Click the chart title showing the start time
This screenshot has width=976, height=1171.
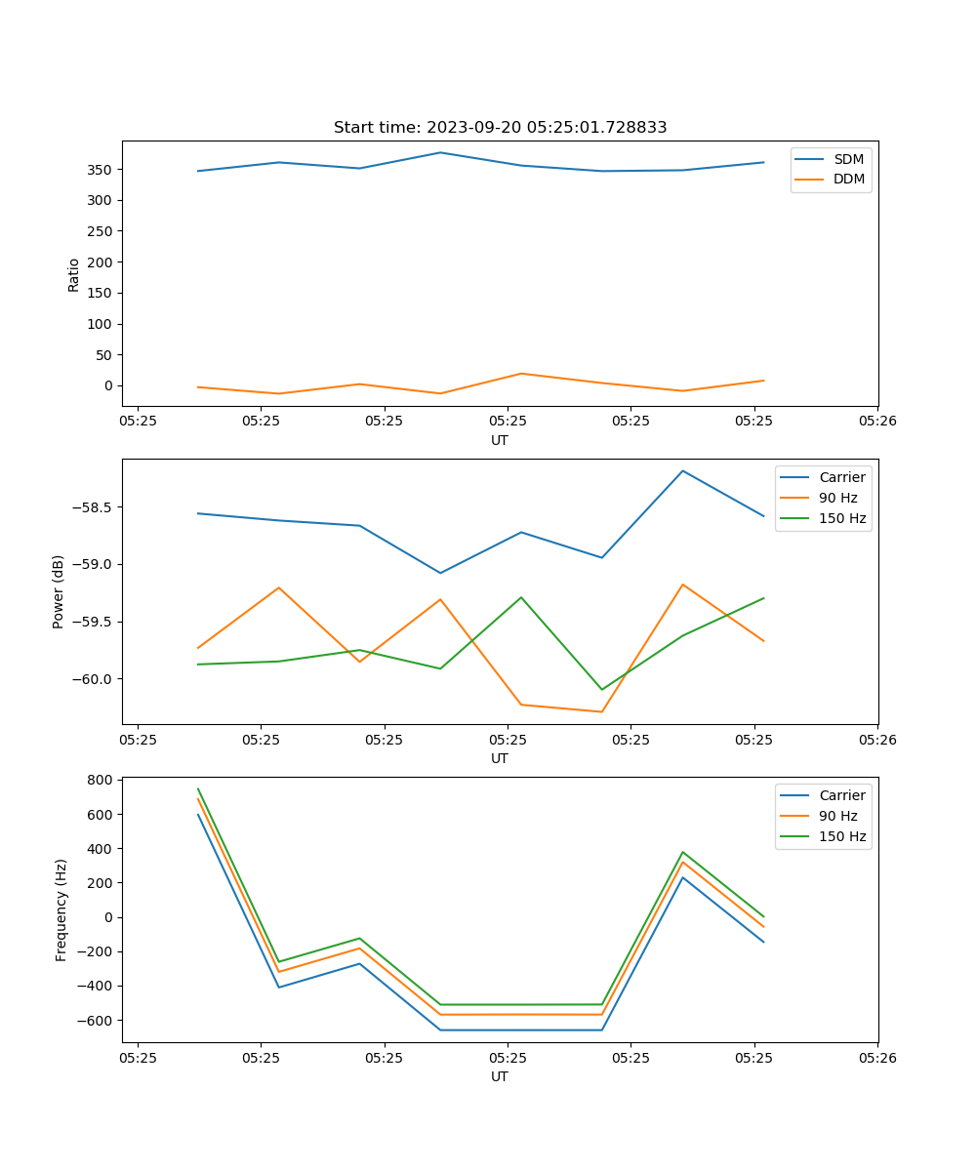[500, 128]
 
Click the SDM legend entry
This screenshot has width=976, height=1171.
[848, 159]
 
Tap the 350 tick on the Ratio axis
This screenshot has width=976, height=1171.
[101, 170]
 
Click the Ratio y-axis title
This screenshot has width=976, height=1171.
[74, 274]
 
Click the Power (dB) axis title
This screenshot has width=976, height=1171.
[59, 591]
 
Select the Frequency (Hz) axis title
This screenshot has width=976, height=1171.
[61, 909]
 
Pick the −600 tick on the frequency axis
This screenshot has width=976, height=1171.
[96, 1021]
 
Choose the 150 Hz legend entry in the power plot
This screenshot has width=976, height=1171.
[841, 518]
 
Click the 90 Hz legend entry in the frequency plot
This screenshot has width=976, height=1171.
[837, 816]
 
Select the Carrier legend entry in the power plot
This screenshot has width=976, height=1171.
[841, 477]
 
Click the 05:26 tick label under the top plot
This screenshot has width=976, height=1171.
[877, 421]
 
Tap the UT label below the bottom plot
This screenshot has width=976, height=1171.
[500, 1076]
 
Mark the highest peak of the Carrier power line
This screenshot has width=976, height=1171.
[682, 470]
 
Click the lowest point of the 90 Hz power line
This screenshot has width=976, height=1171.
[601, 711]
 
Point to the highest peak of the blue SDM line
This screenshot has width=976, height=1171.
[440, 152]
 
